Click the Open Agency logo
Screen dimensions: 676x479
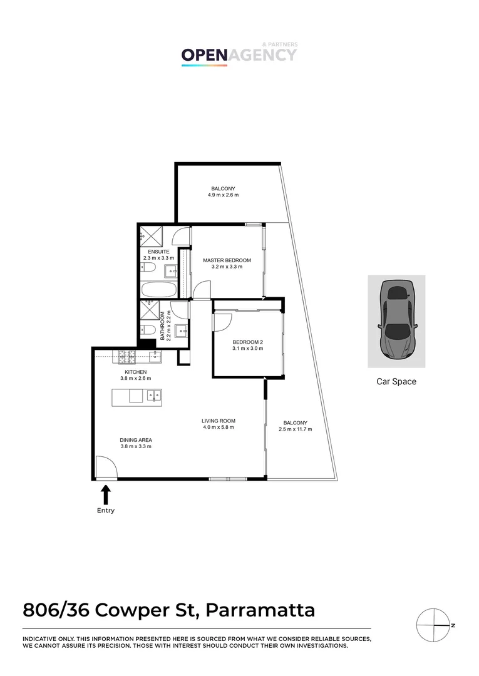tap(239, 54)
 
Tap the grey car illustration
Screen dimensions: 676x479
tap(396, 320)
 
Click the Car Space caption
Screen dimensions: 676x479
tap(396, 381)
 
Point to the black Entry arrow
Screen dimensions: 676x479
tap(106, 494)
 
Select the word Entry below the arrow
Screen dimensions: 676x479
tap(106, 510)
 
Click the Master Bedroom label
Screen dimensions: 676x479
tap(227, 260)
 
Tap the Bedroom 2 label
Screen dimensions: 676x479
tap(247, 342)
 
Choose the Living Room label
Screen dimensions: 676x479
tap(218, 421)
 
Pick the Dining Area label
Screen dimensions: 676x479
tap(136, 439)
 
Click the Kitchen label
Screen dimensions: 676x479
tap(135, 372)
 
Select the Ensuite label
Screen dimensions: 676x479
tap(154, 252)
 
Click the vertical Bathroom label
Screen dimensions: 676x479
tap(162, 325)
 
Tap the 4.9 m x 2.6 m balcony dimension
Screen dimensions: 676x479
tap(223, 195)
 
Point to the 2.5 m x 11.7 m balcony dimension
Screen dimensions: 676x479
tap(295, 429)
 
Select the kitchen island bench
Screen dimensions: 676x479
tap(137, 396)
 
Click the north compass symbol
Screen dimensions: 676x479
tap(435, 625)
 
